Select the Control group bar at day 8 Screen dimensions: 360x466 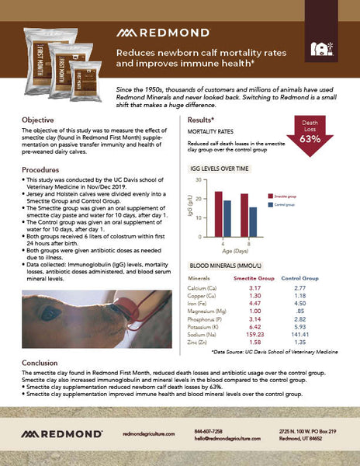(x=231, y=214)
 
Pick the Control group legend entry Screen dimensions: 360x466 (x=264, y=206)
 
